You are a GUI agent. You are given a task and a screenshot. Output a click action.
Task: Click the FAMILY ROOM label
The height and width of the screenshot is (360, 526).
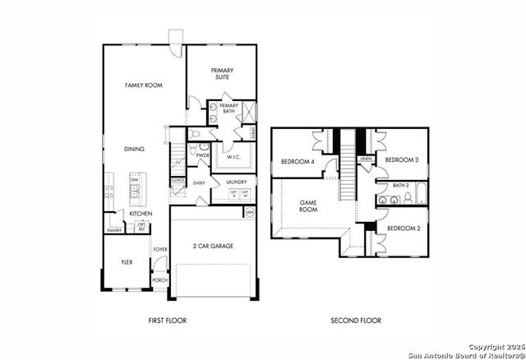pyautogui.click(x=141, y=85)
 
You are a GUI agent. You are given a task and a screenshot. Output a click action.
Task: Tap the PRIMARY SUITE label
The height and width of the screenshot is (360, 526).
pyautogui.click(x=222, y=74)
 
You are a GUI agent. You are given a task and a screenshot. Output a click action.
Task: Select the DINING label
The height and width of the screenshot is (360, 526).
pyautogui.click(x=134, y=150)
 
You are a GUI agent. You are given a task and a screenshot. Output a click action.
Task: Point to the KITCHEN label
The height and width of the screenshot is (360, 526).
pyautogui.click(x=141, y=214)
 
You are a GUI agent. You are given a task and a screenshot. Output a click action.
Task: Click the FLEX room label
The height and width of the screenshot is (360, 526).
pyautogui.click(x=127, y=263)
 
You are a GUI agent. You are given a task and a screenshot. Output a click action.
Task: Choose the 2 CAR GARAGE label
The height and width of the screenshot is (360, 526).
pyautogui.click(x=214, y=246)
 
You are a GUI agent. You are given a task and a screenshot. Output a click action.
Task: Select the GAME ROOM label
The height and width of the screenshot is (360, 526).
pyautogui.click(x=308, y=205)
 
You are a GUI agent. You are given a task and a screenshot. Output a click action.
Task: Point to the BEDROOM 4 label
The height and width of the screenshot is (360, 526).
pyautogui.click(x=298, y=162)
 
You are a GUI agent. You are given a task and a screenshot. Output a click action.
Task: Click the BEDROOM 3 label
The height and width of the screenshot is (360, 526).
pyautogui.click(x=402, y=159)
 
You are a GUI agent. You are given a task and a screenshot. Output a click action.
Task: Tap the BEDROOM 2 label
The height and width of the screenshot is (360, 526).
pyautogui.click(x=403, y=228)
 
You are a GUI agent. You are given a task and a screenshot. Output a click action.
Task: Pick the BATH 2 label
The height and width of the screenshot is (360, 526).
pyautogui.click(x=400, y=186)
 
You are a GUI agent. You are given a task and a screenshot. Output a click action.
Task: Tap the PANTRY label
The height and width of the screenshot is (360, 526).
pyautogui.click(x=114, y=231)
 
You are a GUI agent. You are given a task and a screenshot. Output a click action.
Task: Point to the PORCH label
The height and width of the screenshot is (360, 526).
pyautogui.click(x=160, y=280)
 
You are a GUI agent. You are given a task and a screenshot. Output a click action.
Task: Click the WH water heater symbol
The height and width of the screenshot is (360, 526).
pyautogui.click(x=250, y=212)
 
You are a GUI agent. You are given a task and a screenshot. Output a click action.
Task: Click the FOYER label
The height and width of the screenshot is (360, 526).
pyautogui.click(x=160, y=249)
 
